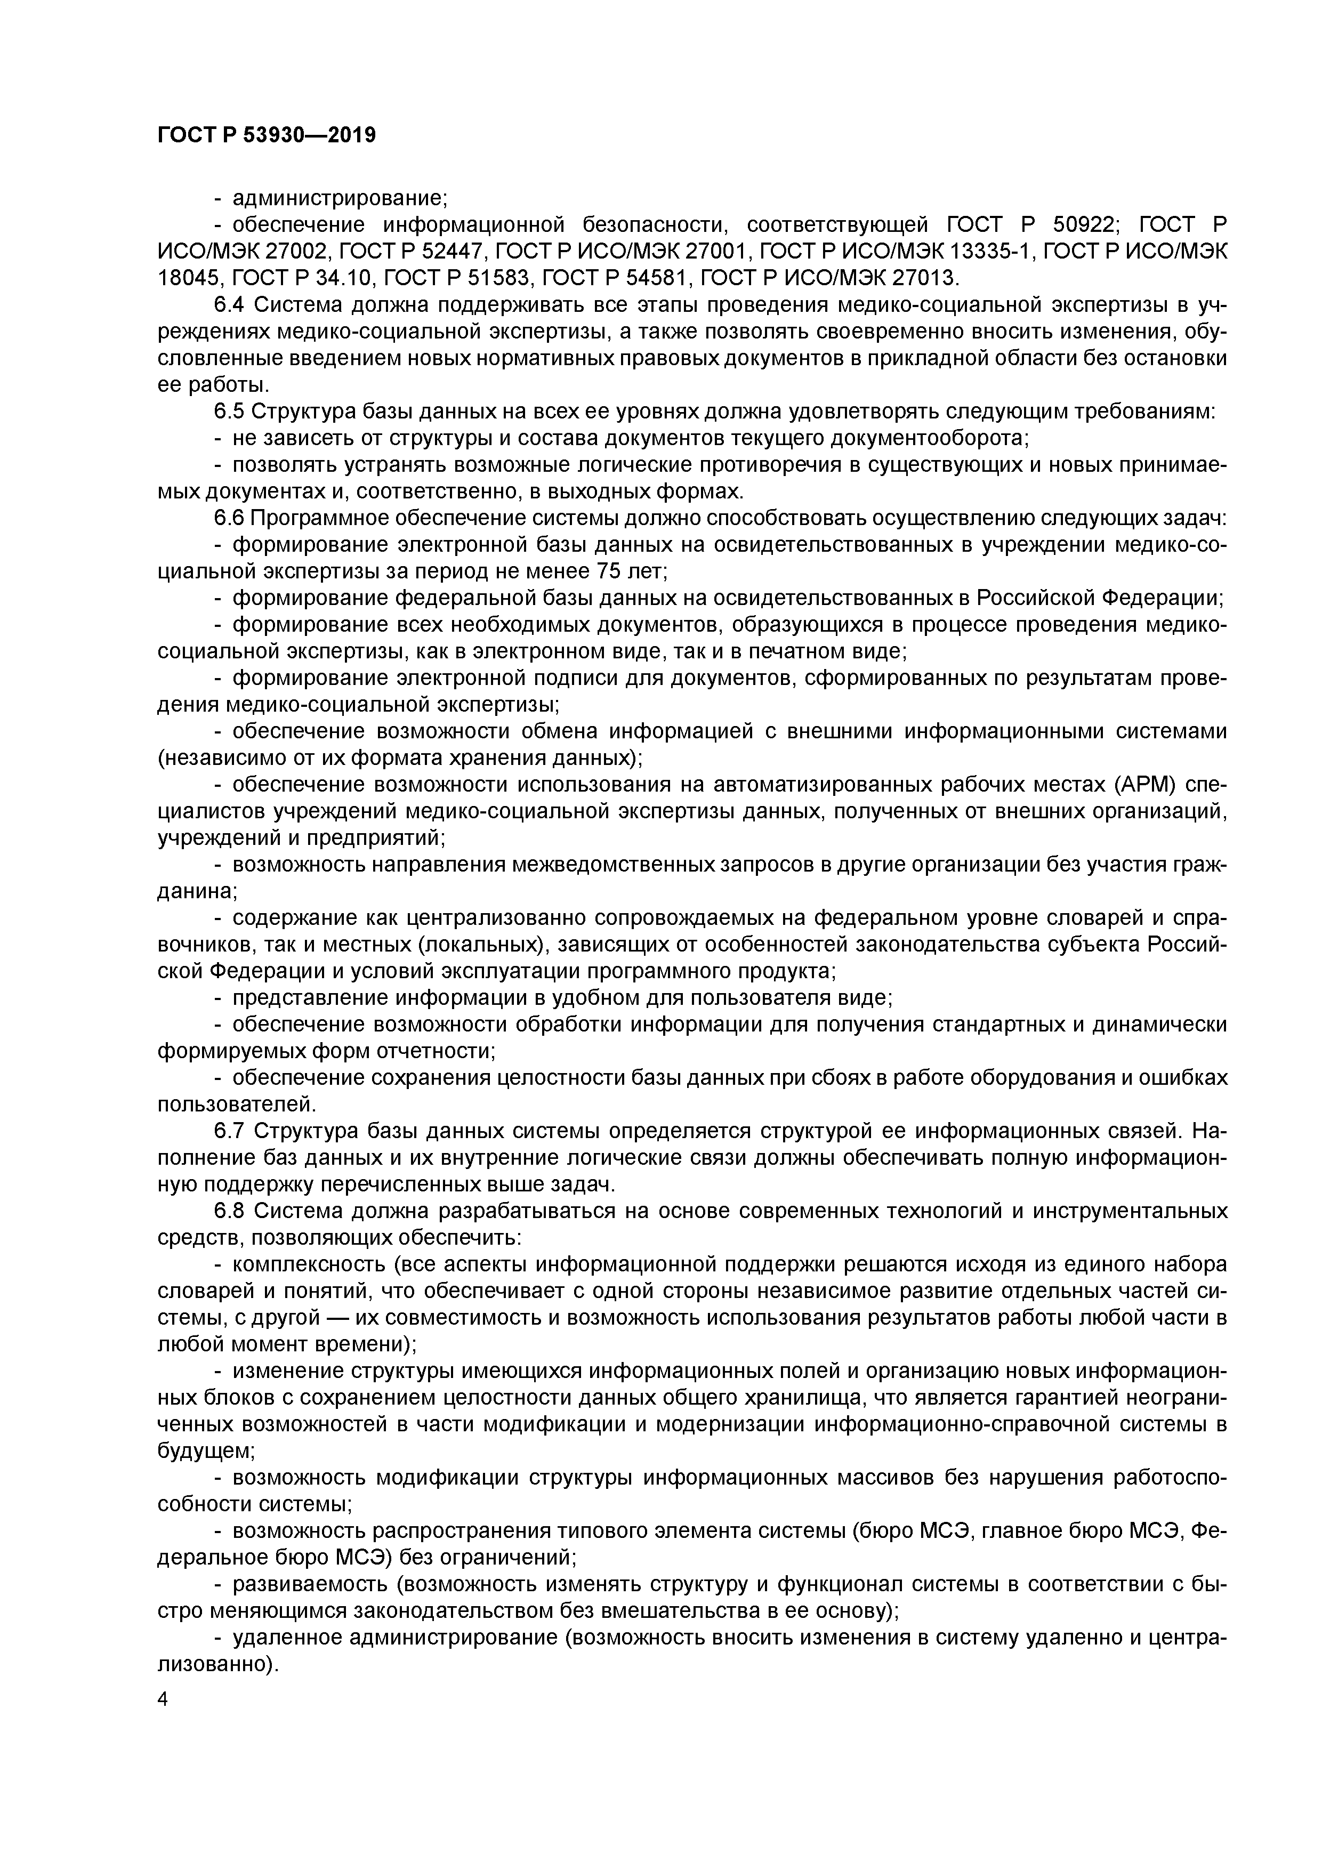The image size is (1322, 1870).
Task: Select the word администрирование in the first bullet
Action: [338, 198]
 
